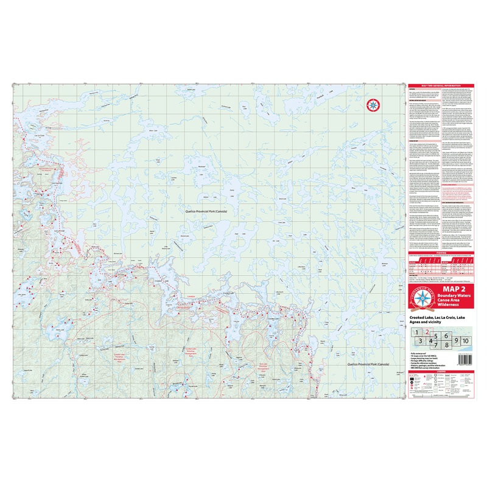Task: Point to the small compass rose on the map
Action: pyautogui.click(x=373, y=104)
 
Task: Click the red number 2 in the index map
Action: pyautogui.click(x=427, y=332)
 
